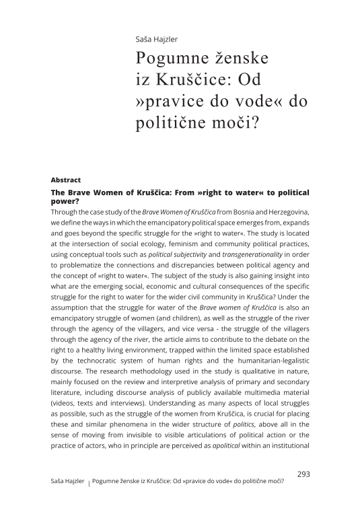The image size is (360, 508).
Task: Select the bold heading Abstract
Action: (x=66, y=180)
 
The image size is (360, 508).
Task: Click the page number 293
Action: (x=303, y=474)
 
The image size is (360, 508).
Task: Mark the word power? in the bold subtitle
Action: (x=66, y=201)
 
